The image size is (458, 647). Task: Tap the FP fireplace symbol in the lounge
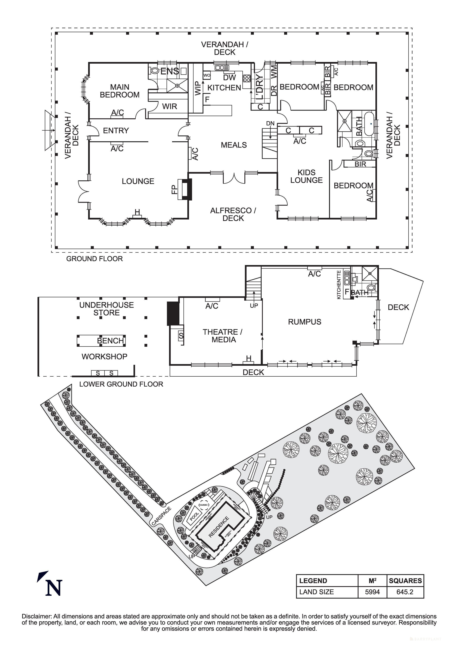tap(185, 189)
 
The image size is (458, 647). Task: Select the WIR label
tap(169, 107)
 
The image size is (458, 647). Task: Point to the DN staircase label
tap(270, 123)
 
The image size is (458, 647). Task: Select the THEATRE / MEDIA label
tap(222, 336)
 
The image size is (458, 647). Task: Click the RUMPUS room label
tap(304, 322)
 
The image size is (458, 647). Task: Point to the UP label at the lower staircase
tap(254, 306)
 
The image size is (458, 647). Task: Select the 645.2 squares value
tap(405, 592)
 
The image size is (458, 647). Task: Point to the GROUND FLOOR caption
tap(94, 259)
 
